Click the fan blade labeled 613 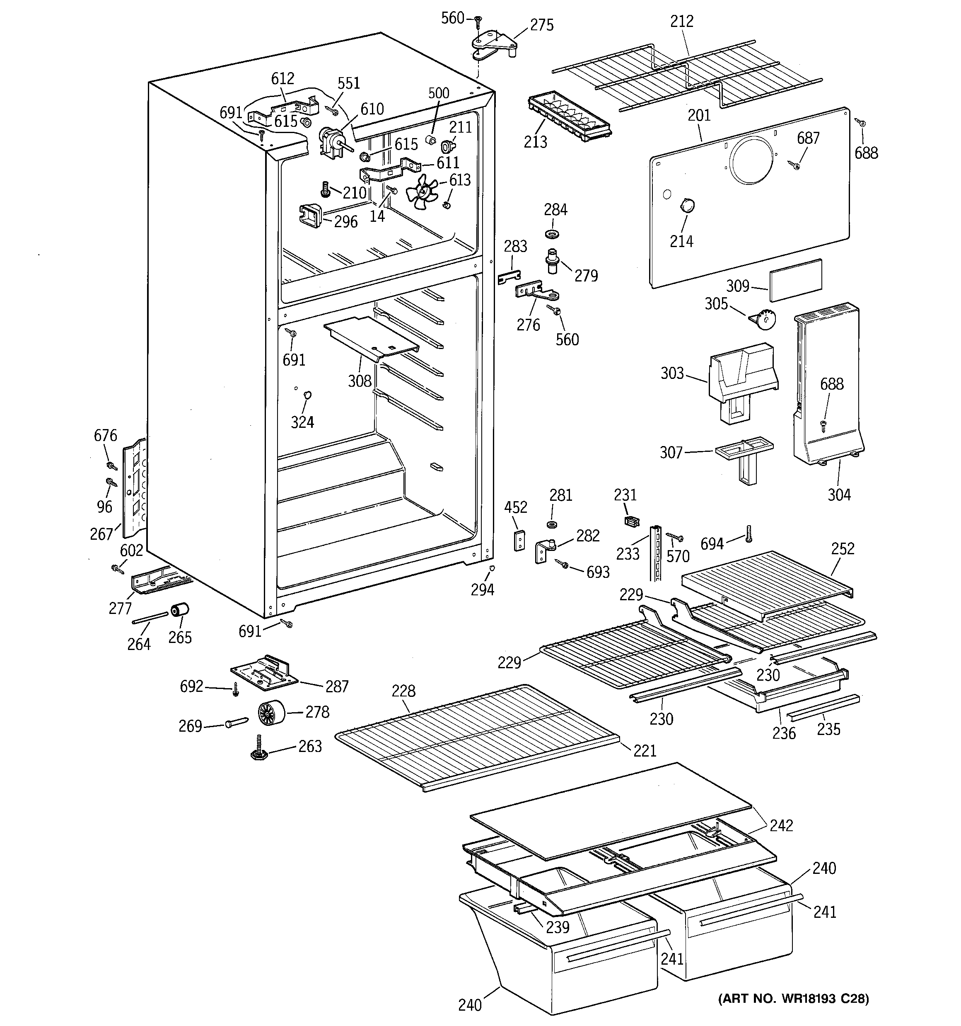[422, 193]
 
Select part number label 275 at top [542, 25]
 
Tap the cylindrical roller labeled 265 [179, 610]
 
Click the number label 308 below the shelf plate [360, 381]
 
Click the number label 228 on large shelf [403, 691]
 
